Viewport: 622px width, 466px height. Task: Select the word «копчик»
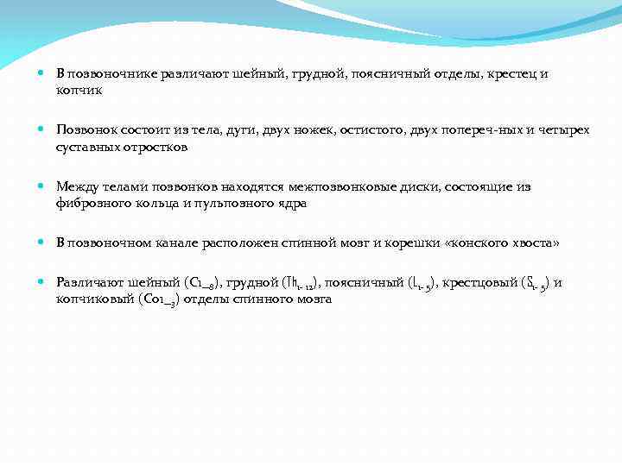[79, 89]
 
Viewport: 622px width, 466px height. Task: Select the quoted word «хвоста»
[532, 243]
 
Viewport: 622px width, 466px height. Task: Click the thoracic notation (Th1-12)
[301, 283]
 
